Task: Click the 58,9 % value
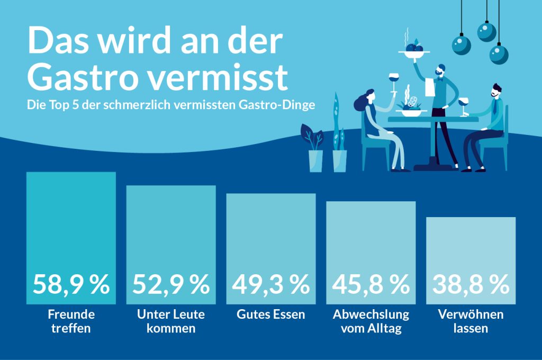(x=71, y=285)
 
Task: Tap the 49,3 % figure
(x=270, y=285)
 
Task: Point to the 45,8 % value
(x=371, y=285)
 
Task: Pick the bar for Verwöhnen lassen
(x=471, y=244)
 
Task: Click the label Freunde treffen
(x=71, y=321)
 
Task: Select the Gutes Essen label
(x=270, y=314)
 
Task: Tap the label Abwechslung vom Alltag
(x=371, y=321)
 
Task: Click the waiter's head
(x=441, y=70)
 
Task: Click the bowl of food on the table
(x=410, y=110)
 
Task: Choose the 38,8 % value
(x=471, y=285)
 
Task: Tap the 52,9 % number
(x=170, y=285)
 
